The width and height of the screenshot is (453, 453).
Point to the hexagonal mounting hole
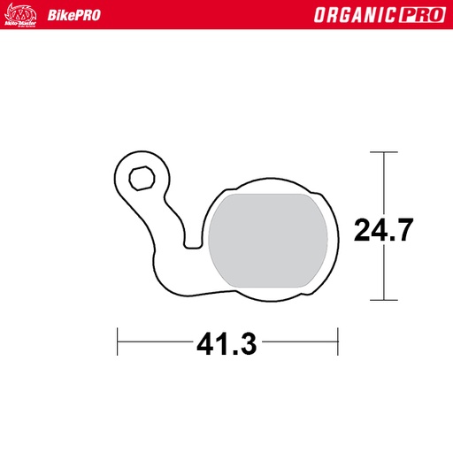[140, 178]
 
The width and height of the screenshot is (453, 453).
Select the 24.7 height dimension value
[383, 230]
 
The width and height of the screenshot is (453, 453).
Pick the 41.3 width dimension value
[226, 341]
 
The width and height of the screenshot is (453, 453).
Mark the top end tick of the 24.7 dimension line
[383, 152]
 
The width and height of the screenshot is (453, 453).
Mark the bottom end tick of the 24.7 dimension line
[383, 300]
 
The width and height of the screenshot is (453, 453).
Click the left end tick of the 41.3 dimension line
[118, 338]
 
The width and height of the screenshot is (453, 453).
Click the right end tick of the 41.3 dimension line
[338, 338]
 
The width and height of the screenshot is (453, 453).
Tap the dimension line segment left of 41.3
[155, 338]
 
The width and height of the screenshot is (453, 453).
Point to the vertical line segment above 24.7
[383, 181]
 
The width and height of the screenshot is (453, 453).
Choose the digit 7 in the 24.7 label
[403, 230]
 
